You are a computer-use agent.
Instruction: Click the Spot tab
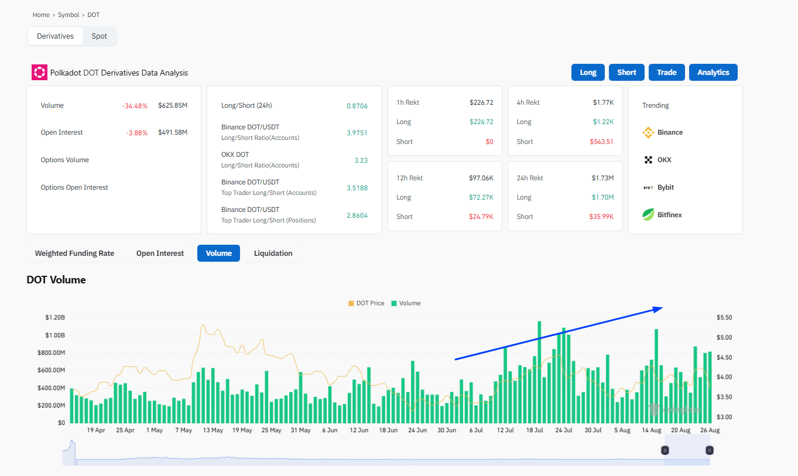pos(99,36)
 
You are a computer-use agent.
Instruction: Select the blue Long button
pos(588,73)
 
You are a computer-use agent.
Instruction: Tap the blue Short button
pos(626,73)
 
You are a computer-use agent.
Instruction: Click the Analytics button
pos(713,73)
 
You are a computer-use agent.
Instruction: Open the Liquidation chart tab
pos(273,254)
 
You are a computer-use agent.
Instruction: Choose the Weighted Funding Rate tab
pos(74,254)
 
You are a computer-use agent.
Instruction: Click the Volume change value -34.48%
pos(135,106)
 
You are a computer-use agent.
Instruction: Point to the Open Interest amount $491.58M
pos(173,132)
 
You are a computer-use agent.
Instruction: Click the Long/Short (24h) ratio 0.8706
pos(357,106)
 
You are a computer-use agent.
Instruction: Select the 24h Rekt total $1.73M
pos(602,178)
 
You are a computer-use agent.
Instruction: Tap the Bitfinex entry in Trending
pos(669,215)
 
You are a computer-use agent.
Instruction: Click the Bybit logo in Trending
pos(648,187)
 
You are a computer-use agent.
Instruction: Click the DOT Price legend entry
pos(367,303)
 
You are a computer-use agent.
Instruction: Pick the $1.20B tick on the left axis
pos(54,317)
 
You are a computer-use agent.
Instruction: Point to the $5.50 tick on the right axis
pos(724,317)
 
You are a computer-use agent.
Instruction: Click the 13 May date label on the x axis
pos(213,430)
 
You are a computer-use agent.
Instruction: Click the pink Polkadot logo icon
pos(39,73)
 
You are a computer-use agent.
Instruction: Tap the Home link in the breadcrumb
pos(41,15)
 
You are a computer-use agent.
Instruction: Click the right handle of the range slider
pos(710,450)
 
